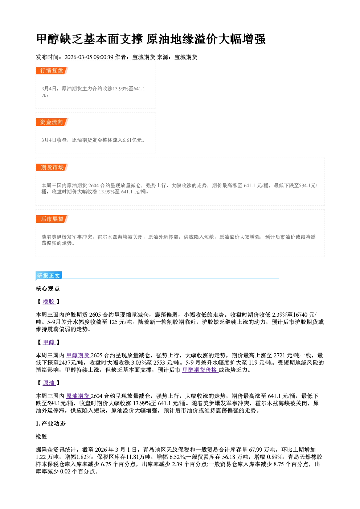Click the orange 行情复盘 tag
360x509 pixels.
(x=52, y=70)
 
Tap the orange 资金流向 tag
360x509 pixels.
(x=52, y=122)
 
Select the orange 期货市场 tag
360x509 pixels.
(x=52, y=168)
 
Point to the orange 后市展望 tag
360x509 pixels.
(x=52, y=219)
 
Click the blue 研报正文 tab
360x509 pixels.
(x=49, y=276)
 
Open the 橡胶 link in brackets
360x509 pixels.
(x=49, y=301)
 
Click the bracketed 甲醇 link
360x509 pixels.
(x=49, y=342)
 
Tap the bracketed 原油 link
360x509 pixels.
(x=49, y=383)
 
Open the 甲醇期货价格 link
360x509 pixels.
(x=200, y=370)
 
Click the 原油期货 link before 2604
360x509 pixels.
(x=78, y=396)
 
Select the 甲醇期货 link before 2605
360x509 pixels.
(x=78, y=356)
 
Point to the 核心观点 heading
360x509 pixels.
(x=48, y=289)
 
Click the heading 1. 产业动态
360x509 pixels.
(x=51, y=423)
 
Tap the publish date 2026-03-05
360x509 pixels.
(x=78, y=57)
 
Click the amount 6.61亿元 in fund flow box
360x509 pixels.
(x=132, y=140)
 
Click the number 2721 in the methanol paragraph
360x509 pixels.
(x=279, y=356)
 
